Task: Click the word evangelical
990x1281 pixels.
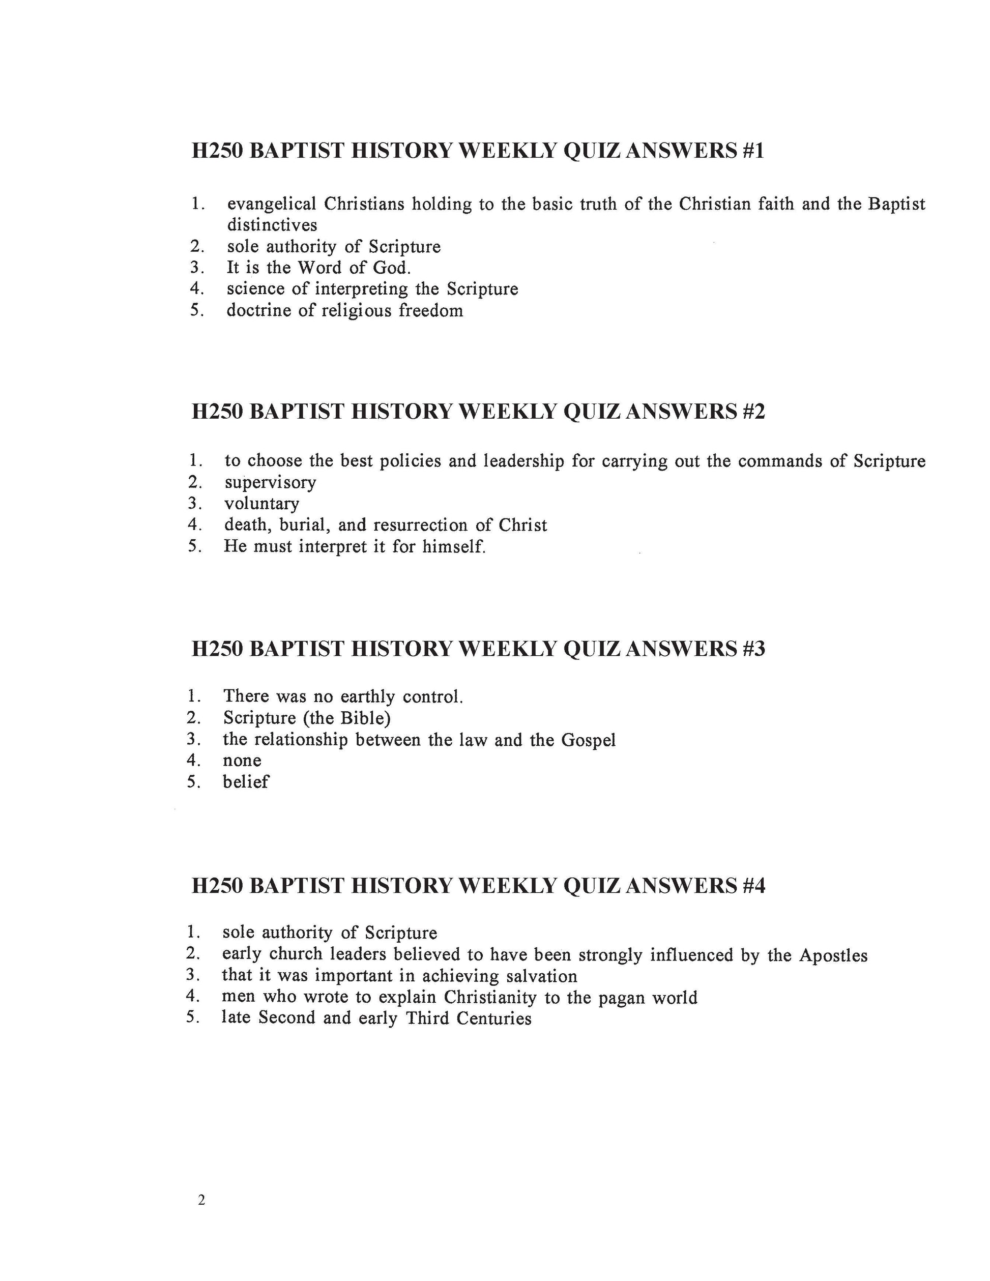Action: (272, 204)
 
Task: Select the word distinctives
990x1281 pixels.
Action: (272, 225)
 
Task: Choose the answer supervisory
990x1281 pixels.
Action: (270, 483)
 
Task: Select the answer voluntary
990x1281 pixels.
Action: (261, 504)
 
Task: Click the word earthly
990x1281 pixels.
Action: (368, 697)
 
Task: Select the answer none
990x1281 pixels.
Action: (242, 761)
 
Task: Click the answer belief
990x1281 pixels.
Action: (245, 782)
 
